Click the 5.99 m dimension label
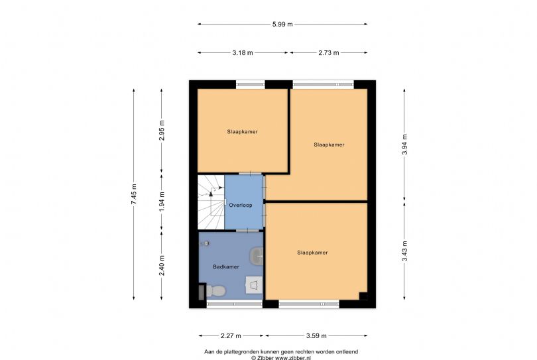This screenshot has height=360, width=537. coord(282,24)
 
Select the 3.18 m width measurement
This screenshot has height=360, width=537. coord(243,53)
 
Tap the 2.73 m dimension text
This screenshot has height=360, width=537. coord(329,53)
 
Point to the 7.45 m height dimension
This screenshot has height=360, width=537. coord(133,194)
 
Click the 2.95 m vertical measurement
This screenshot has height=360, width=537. coord(162,131)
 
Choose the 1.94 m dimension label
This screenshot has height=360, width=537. coord(162,201)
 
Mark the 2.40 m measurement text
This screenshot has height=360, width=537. coord(162,265)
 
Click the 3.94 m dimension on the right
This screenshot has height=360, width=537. coord(405,144)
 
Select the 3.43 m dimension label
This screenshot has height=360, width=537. coord(405,251)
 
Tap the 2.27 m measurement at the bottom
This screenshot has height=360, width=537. coord(231,335)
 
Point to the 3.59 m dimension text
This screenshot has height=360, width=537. coord(316,335)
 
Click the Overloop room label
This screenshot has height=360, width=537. coord(241,205)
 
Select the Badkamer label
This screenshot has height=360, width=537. coord(226,267)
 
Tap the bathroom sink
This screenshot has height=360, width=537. coord(257,256)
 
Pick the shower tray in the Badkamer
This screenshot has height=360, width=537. coord(254,285)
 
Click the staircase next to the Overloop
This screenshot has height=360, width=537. coord(211,202)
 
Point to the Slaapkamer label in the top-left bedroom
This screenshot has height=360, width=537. coord(242,131)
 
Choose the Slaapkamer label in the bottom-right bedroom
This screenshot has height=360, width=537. coord(312,253)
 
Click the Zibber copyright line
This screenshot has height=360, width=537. coord(281,357)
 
